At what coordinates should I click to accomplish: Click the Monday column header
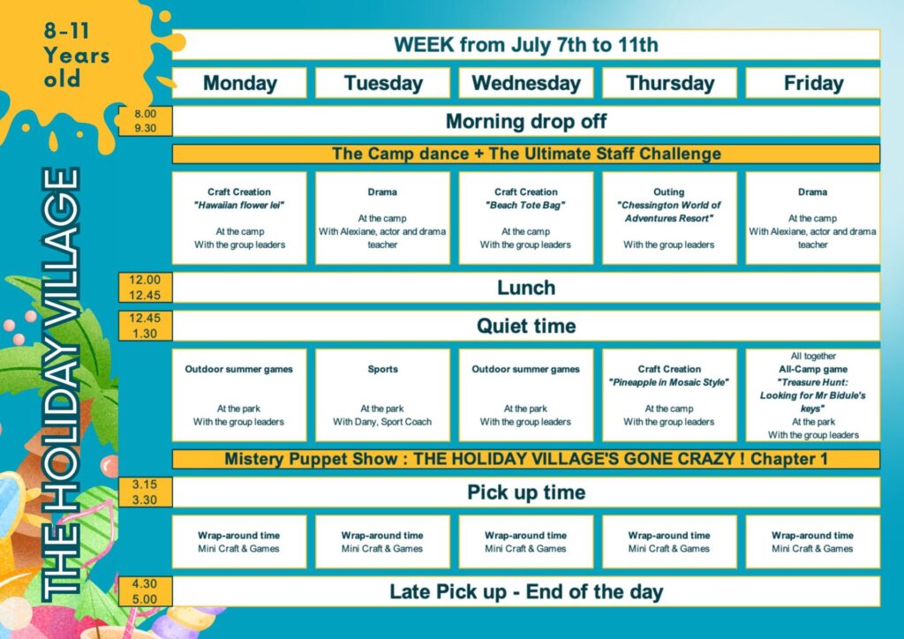tap(239, 83)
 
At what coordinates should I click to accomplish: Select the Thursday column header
tap(669, 83)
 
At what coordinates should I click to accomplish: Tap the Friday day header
tap(813, 83)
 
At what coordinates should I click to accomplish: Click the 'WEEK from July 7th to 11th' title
tap(526, 44)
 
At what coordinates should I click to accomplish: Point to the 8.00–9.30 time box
tap(146, 121)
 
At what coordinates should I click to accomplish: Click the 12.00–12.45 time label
tap(146, 288)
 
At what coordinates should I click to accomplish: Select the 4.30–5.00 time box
tap(146, 591)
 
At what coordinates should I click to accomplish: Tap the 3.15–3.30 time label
tap(146, 492)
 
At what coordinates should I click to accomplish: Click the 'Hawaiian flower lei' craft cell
tap(239, 218)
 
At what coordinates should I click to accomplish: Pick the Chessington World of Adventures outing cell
tap(669, 218)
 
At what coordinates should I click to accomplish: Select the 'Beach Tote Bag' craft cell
tap(526, 218)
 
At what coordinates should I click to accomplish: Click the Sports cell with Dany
tap(382, 395)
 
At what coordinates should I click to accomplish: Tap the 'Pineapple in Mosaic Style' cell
tap(669, 395)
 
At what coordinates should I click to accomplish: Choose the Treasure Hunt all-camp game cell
tap(813, 395)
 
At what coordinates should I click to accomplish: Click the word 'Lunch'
tap(526, 288)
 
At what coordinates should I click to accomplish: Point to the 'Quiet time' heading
tap(526, 327)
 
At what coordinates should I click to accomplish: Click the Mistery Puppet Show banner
tap(526, 459)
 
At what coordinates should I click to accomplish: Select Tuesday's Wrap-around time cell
tap(382, 542)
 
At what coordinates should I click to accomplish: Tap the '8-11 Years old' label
tap(76, 55)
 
